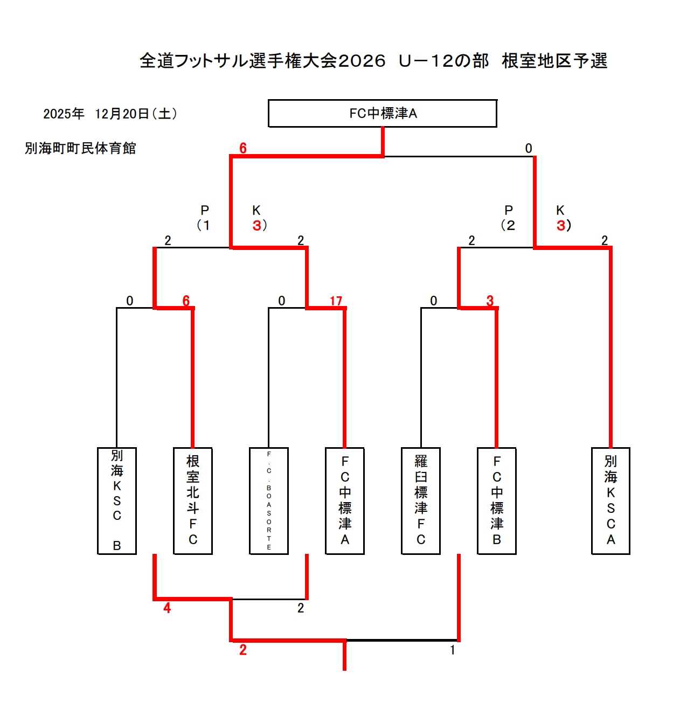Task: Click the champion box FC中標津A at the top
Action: click(x=383, y=113)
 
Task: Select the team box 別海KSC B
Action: click(x=117, y=501)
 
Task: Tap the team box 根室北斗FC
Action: click(x=193, y=501)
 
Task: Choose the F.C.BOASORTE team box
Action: click(x=269, y=501)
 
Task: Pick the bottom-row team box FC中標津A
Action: click(x=345, y=501)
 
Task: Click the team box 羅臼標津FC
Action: click(x=421, y=501)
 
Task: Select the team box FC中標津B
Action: click(x=497, y=501)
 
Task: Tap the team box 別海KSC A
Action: click(x=610, y=501)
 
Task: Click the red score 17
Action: click(x=336, y=301)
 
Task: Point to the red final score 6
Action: click(x=243, y=148)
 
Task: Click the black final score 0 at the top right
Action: click(x=529, y=148)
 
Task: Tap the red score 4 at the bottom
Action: click(x=167, y=608)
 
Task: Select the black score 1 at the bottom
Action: click(x=453, y=650)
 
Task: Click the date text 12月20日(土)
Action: click(x=136, y=114)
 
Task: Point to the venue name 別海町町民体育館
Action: click(x=80, y=148)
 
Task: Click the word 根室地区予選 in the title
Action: click(x=554, y=61)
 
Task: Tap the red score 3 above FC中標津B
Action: click(x=490, y=301)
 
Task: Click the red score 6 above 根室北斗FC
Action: click(x=186, y=301)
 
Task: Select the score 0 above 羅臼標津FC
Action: click(x=434, y=301)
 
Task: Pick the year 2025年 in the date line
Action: click(x=64, y=114)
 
